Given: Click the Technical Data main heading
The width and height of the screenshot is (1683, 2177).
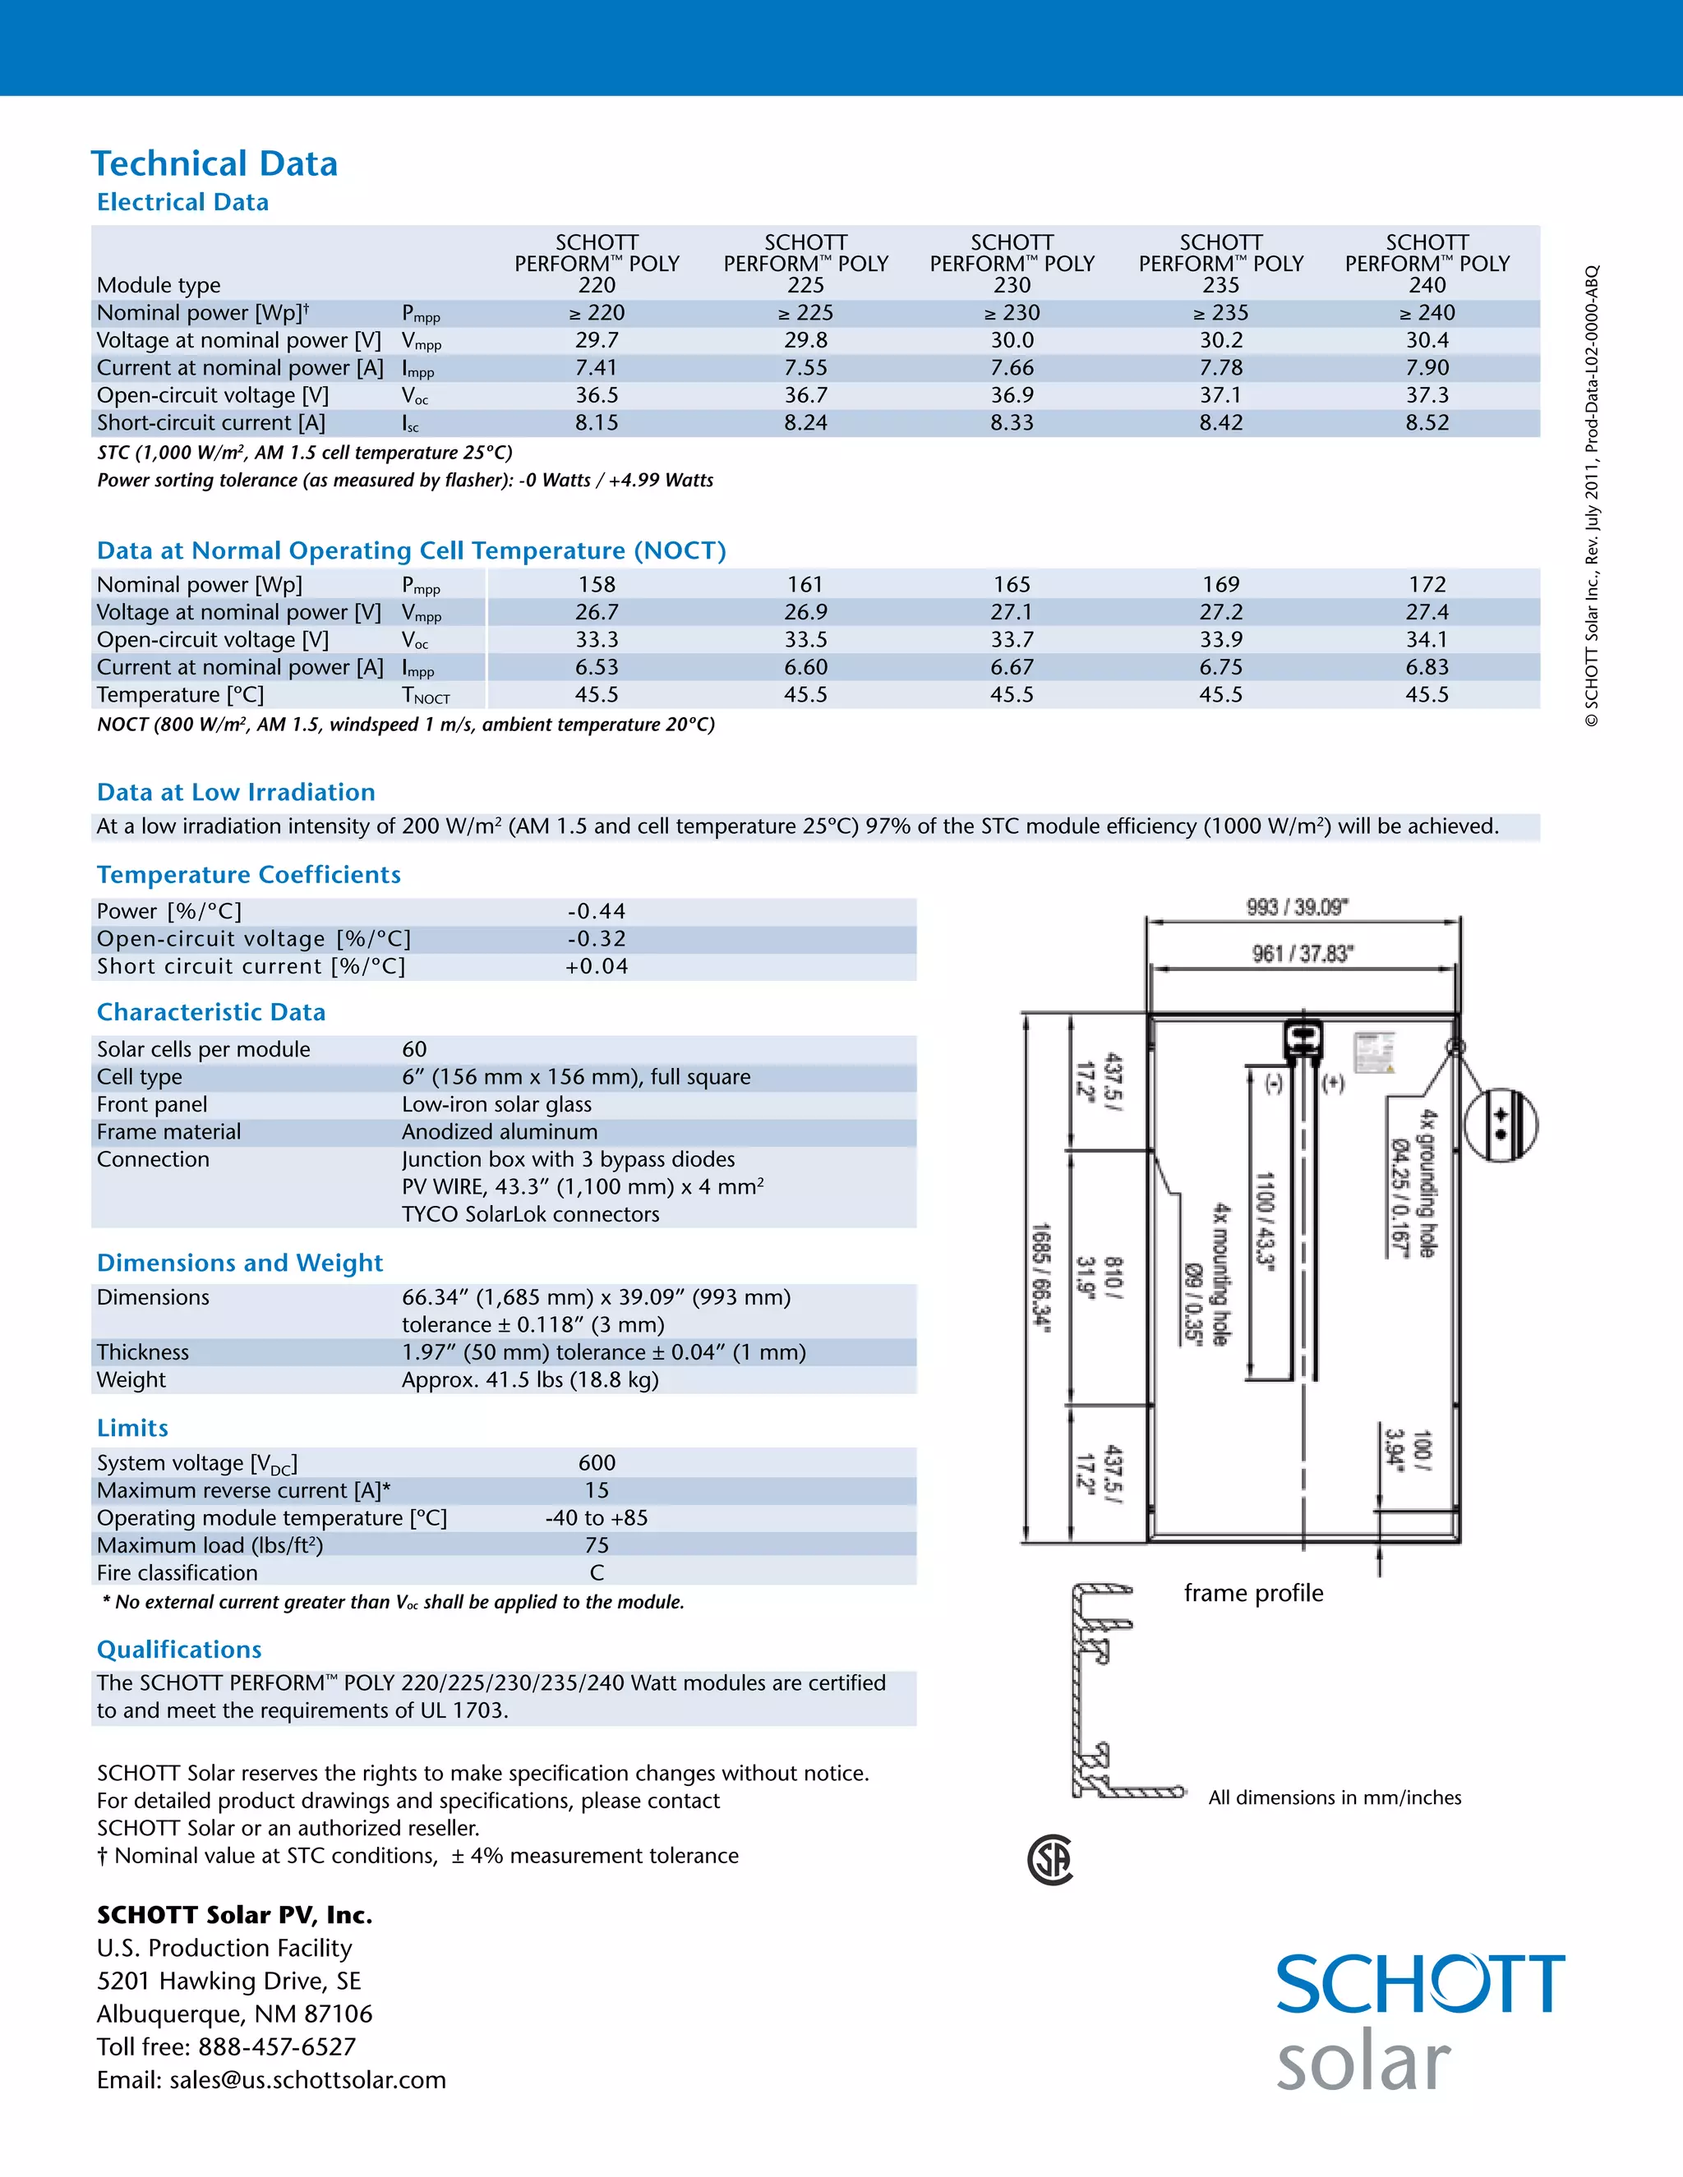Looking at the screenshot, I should (x=214, y=163).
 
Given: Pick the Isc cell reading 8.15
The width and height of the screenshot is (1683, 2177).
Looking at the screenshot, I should (x=597, y=422).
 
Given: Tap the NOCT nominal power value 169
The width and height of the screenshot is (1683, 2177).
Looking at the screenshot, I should (x=1220, y=584).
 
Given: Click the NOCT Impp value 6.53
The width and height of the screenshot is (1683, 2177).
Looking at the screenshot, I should (x=597, y=667).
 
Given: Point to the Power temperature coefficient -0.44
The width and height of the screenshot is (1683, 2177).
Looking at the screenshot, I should (x=597, y=911).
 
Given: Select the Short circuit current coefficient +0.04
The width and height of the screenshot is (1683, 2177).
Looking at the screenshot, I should (x=597, y=966).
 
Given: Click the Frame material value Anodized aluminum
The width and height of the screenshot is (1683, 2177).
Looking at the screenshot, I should (x=500, y=1131).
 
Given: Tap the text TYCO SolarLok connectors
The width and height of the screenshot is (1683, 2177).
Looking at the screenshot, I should (x=530, y=1214).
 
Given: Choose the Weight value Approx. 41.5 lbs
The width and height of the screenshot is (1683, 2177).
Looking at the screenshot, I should (x=529, y=1379).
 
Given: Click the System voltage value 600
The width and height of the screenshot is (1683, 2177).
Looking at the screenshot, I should (x=597, y=1462).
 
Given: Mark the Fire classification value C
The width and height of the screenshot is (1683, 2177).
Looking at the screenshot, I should (x=597, y=1572).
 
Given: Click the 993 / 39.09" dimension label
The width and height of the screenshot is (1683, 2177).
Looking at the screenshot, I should (x=1296, y=907).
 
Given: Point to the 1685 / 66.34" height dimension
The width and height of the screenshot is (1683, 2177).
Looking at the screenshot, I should (x=1040, y=1277).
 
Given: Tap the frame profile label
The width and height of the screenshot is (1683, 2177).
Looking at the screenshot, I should (x=1253, y=1593).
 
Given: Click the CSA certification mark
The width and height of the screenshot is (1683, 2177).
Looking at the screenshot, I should (x=1050, y=1859).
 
